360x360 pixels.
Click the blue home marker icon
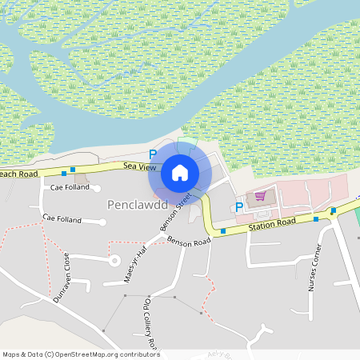[180, 172]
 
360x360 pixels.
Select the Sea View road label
[139, 166]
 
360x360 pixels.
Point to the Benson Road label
[190, 242]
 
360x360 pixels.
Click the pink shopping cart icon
[259, 196]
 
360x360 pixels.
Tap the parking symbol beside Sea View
[152, 154]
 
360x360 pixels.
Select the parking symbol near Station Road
[238, 208]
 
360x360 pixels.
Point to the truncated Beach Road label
[18, 174]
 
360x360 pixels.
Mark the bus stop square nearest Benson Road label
[222, 231]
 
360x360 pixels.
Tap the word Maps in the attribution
[11, 354]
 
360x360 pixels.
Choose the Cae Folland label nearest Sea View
[68, 187]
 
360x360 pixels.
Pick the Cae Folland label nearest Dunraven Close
[62, 218]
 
